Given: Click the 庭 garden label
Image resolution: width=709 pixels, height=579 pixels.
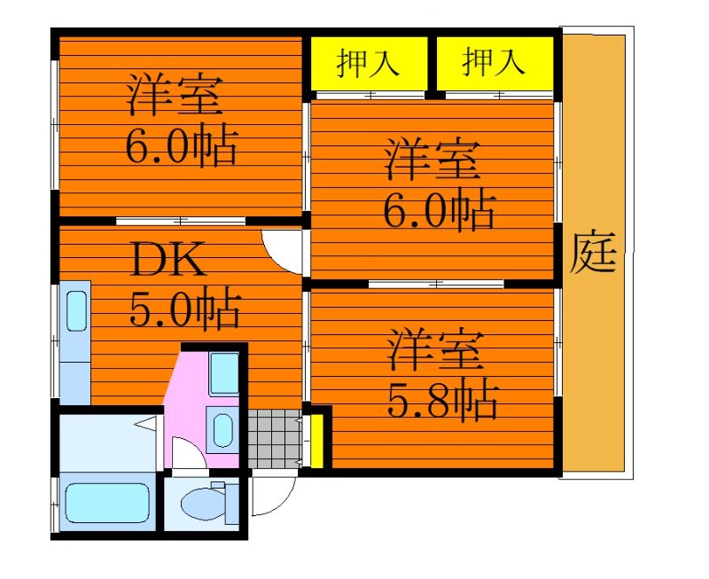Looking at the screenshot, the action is tap(593, 252).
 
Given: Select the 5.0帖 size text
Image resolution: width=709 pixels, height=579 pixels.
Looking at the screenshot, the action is tap(184, 307).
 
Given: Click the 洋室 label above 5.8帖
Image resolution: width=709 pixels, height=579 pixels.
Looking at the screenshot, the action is tap(436, 351).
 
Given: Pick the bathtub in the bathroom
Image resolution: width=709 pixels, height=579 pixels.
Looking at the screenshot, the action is tap(107, 503).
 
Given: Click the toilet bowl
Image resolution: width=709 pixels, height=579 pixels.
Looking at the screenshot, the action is tap(204, 504).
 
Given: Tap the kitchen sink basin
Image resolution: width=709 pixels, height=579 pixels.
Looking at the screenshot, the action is tap(76, 310).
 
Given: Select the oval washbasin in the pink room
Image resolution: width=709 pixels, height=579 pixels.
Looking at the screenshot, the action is tap(222, 430).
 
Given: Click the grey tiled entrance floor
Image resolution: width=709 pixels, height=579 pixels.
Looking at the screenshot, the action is tap(274, 439).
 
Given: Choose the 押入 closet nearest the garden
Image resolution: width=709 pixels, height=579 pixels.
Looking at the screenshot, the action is tap(495, 62).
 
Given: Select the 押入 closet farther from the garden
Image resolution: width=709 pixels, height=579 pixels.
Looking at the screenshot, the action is tap(369, 62).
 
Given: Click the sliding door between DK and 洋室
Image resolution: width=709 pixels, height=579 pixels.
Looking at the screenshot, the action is tap(181, 221).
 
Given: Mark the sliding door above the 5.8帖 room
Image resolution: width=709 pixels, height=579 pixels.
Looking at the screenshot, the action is tap(436, 284).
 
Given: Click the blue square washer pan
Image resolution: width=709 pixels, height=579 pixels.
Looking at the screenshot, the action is tap(224, 373).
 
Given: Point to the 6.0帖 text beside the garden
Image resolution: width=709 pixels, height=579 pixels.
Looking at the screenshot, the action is tap(440, 211).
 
